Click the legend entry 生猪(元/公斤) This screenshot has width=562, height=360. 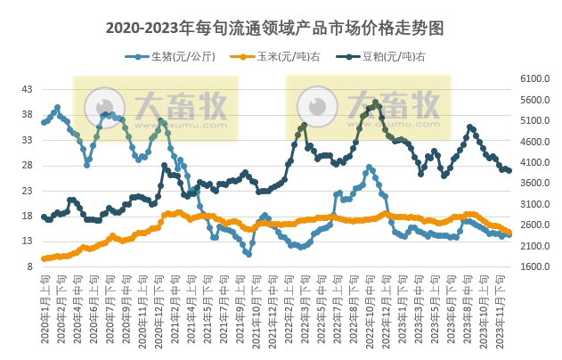point(172,56)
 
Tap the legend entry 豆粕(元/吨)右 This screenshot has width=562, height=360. point(380,56)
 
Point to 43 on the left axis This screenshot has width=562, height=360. point(27,89)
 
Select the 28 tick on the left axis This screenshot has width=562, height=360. point(27,165)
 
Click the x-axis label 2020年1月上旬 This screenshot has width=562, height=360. point(44,307)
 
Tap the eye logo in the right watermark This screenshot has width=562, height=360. point(315,105)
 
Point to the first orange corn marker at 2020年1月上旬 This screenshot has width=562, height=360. point(44,258)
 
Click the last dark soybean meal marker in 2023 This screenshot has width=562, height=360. point(509,170)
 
